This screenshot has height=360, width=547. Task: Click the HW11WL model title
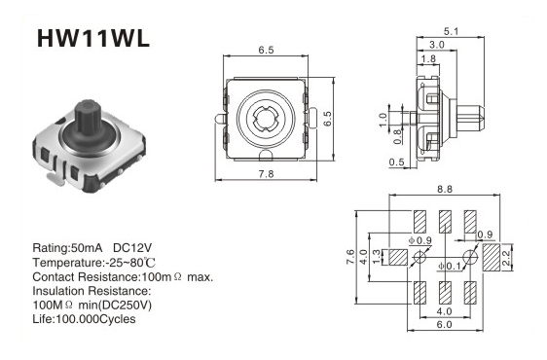coord(93,38)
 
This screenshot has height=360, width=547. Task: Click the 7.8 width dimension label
coord(266,174)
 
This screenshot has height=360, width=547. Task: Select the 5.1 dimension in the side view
coord(451,32)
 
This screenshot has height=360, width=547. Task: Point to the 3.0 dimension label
coord(436,45)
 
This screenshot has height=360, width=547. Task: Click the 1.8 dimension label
coord(428,58)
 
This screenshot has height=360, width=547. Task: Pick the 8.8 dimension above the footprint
coord(445,189)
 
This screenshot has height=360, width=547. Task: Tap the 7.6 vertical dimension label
coord(350,257)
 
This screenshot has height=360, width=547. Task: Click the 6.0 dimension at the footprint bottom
coord(444,324)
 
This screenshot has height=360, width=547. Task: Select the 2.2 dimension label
coord(506,258)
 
